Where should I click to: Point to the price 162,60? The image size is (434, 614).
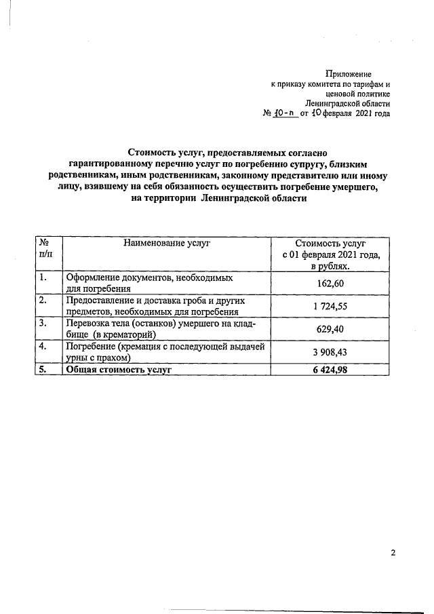[x=331, y=283]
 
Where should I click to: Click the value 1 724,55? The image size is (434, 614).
[x=331, y=307]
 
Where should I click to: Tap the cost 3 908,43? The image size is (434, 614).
[x=331, y=353]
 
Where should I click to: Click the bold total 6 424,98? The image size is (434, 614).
[x=331, y=370]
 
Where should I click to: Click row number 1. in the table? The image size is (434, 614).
[x=43, y=277]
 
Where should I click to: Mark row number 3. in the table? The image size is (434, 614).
[x=43, y=323]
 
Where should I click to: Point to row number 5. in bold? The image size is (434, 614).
[x=43, y=370]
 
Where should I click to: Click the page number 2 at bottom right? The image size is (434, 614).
[x=393, y=552]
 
